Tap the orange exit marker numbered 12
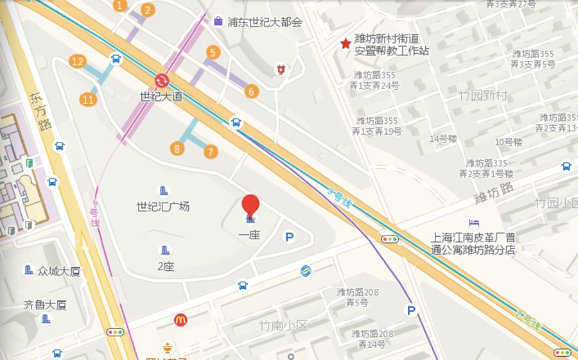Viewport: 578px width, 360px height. (x=78, y=62)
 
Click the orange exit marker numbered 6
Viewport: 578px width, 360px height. (x=251, y=91)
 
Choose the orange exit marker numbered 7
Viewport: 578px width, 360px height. (x=210, y=152)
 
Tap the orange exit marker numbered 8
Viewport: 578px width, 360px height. (x=177, y=148)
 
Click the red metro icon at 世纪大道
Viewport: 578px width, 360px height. (x=161, y=80)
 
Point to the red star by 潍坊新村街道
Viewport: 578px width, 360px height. (x=346, y=44)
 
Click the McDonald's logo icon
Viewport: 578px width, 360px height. (x=180, y=320)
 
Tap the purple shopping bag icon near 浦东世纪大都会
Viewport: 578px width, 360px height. (x=218, y=21)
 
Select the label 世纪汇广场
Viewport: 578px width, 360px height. (x=163, y=207)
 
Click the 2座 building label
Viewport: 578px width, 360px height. (x=165, y=266)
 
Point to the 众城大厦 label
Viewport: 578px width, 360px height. (x=59, y=271)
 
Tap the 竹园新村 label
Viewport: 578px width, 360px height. (x=483, y=96)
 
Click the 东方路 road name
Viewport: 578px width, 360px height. (x=40, y=112)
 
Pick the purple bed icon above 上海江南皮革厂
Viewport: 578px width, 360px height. (x=474, y=223)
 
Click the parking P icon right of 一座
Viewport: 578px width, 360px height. (x=290, y=237)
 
